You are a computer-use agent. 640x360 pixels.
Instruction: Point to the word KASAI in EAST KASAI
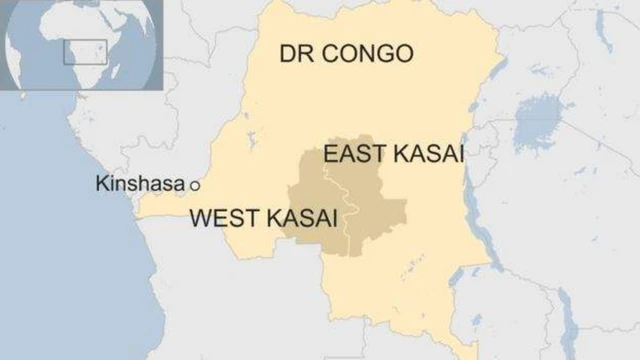coord(431,153)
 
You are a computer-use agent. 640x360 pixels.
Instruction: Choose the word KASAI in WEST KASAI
coord(301,217)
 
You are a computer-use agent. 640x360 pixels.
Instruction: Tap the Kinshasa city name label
coord(140,184)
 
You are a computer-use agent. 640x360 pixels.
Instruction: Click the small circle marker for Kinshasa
coord(195,185)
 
